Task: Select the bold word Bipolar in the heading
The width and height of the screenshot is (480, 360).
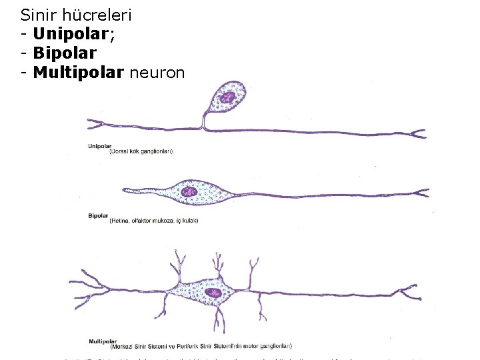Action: coord(64,53)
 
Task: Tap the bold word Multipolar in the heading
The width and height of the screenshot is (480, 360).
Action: coord(78,72)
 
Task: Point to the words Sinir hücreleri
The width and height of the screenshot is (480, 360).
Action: coord(67,13)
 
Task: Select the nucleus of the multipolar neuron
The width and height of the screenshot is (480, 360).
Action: coord(213,293)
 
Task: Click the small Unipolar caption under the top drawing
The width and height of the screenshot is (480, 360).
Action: coord(99,146)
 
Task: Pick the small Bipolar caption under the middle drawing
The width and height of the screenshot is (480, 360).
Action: coord(97,215)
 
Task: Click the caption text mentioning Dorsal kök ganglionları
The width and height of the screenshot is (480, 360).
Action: coord(141,152)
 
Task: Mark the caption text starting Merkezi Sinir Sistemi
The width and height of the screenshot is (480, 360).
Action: coord(200,346)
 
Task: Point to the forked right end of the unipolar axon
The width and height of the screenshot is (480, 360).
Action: coord(416,133)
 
